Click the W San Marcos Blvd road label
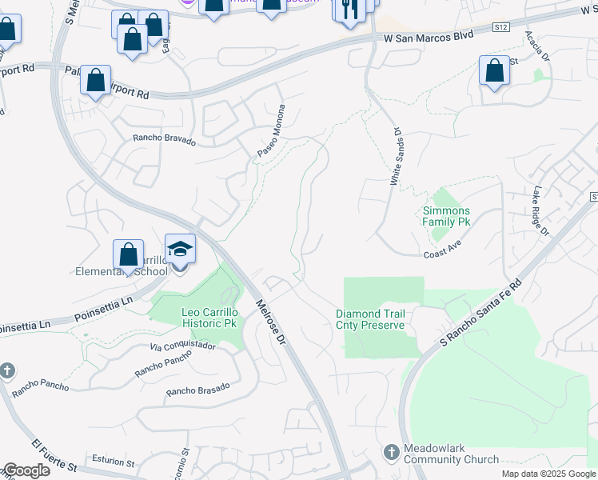coord(429,36)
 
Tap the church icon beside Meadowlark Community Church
coord(391,452)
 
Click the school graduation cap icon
coord(180,249)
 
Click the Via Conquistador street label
coord(183,346)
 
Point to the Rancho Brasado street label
coord(197,389)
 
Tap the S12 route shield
coord(500,27)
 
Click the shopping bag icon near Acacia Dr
coord(494,70)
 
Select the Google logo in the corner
coord(26,470)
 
